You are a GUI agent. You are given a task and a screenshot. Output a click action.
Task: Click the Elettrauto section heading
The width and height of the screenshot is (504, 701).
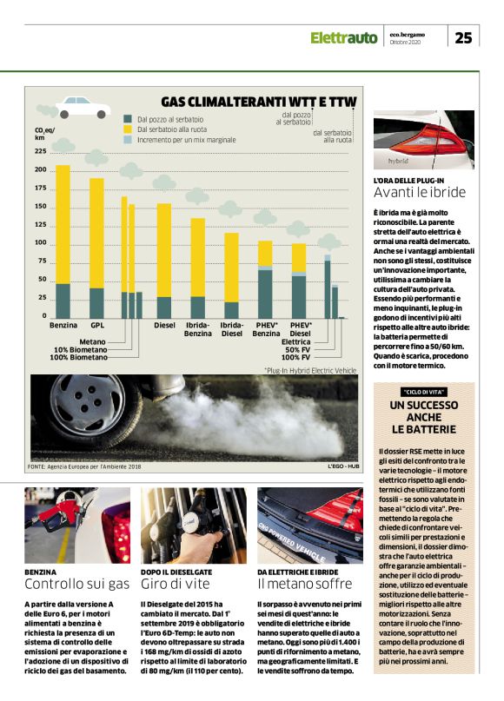click(x=344, y=37)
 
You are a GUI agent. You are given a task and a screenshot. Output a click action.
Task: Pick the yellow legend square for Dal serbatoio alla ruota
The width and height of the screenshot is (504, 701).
click(x=128, y=129)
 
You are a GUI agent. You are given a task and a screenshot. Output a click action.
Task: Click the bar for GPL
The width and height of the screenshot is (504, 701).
click(x=96, y=248)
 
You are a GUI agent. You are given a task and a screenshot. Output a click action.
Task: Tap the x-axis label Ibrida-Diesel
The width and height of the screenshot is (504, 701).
click(x=231, y=330)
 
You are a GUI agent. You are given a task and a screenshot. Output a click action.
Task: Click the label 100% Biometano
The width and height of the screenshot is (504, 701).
click(x=78, y=357)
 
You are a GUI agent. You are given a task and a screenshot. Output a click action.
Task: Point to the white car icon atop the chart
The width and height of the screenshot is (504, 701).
click(x=83, y=107)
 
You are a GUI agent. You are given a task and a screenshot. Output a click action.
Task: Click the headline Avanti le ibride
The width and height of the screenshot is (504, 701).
click(x=419, y=193)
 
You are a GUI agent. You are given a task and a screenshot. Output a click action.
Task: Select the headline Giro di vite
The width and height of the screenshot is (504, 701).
click(x=170, y=584)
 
